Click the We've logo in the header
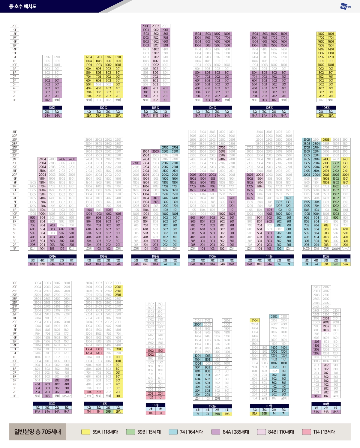point(346,6)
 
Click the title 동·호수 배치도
point(23,6)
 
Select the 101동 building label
point(52,108)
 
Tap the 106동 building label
point(326,108)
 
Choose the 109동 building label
point(155,256)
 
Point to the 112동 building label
point(326,256)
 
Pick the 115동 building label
point(155,405)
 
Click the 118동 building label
point(326,404)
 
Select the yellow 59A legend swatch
point(86,432)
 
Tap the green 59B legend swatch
point(130,432)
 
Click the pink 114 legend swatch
point(307,432)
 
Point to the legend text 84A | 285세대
point(236,432)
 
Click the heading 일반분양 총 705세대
point(37,432)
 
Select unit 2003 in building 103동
point(146,26)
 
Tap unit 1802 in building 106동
point(321,34)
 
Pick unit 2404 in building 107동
point(43,159)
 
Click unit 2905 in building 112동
point(307,140)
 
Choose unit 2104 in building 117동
point(255,321)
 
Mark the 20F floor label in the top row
point(14,26)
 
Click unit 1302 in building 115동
point(151,351)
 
